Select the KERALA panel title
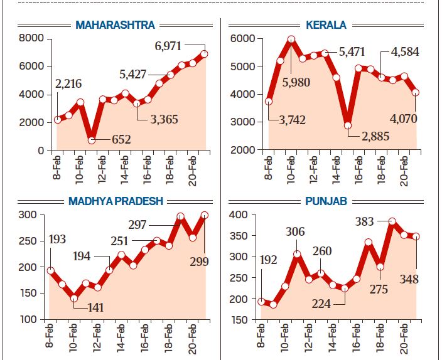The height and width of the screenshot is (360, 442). (325, 25)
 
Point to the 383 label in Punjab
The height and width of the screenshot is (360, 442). (364, 221)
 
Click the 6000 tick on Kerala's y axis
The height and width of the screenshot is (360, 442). (242, 38)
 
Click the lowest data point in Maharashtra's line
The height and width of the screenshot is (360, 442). (91, 140)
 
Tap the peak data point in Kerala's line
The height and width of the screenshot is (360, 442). (291, 39)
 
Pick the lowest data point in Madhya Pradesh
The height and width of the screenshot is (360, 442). (74, 299)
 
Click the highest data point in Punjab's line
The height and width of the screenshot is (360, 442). (392, 221)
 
